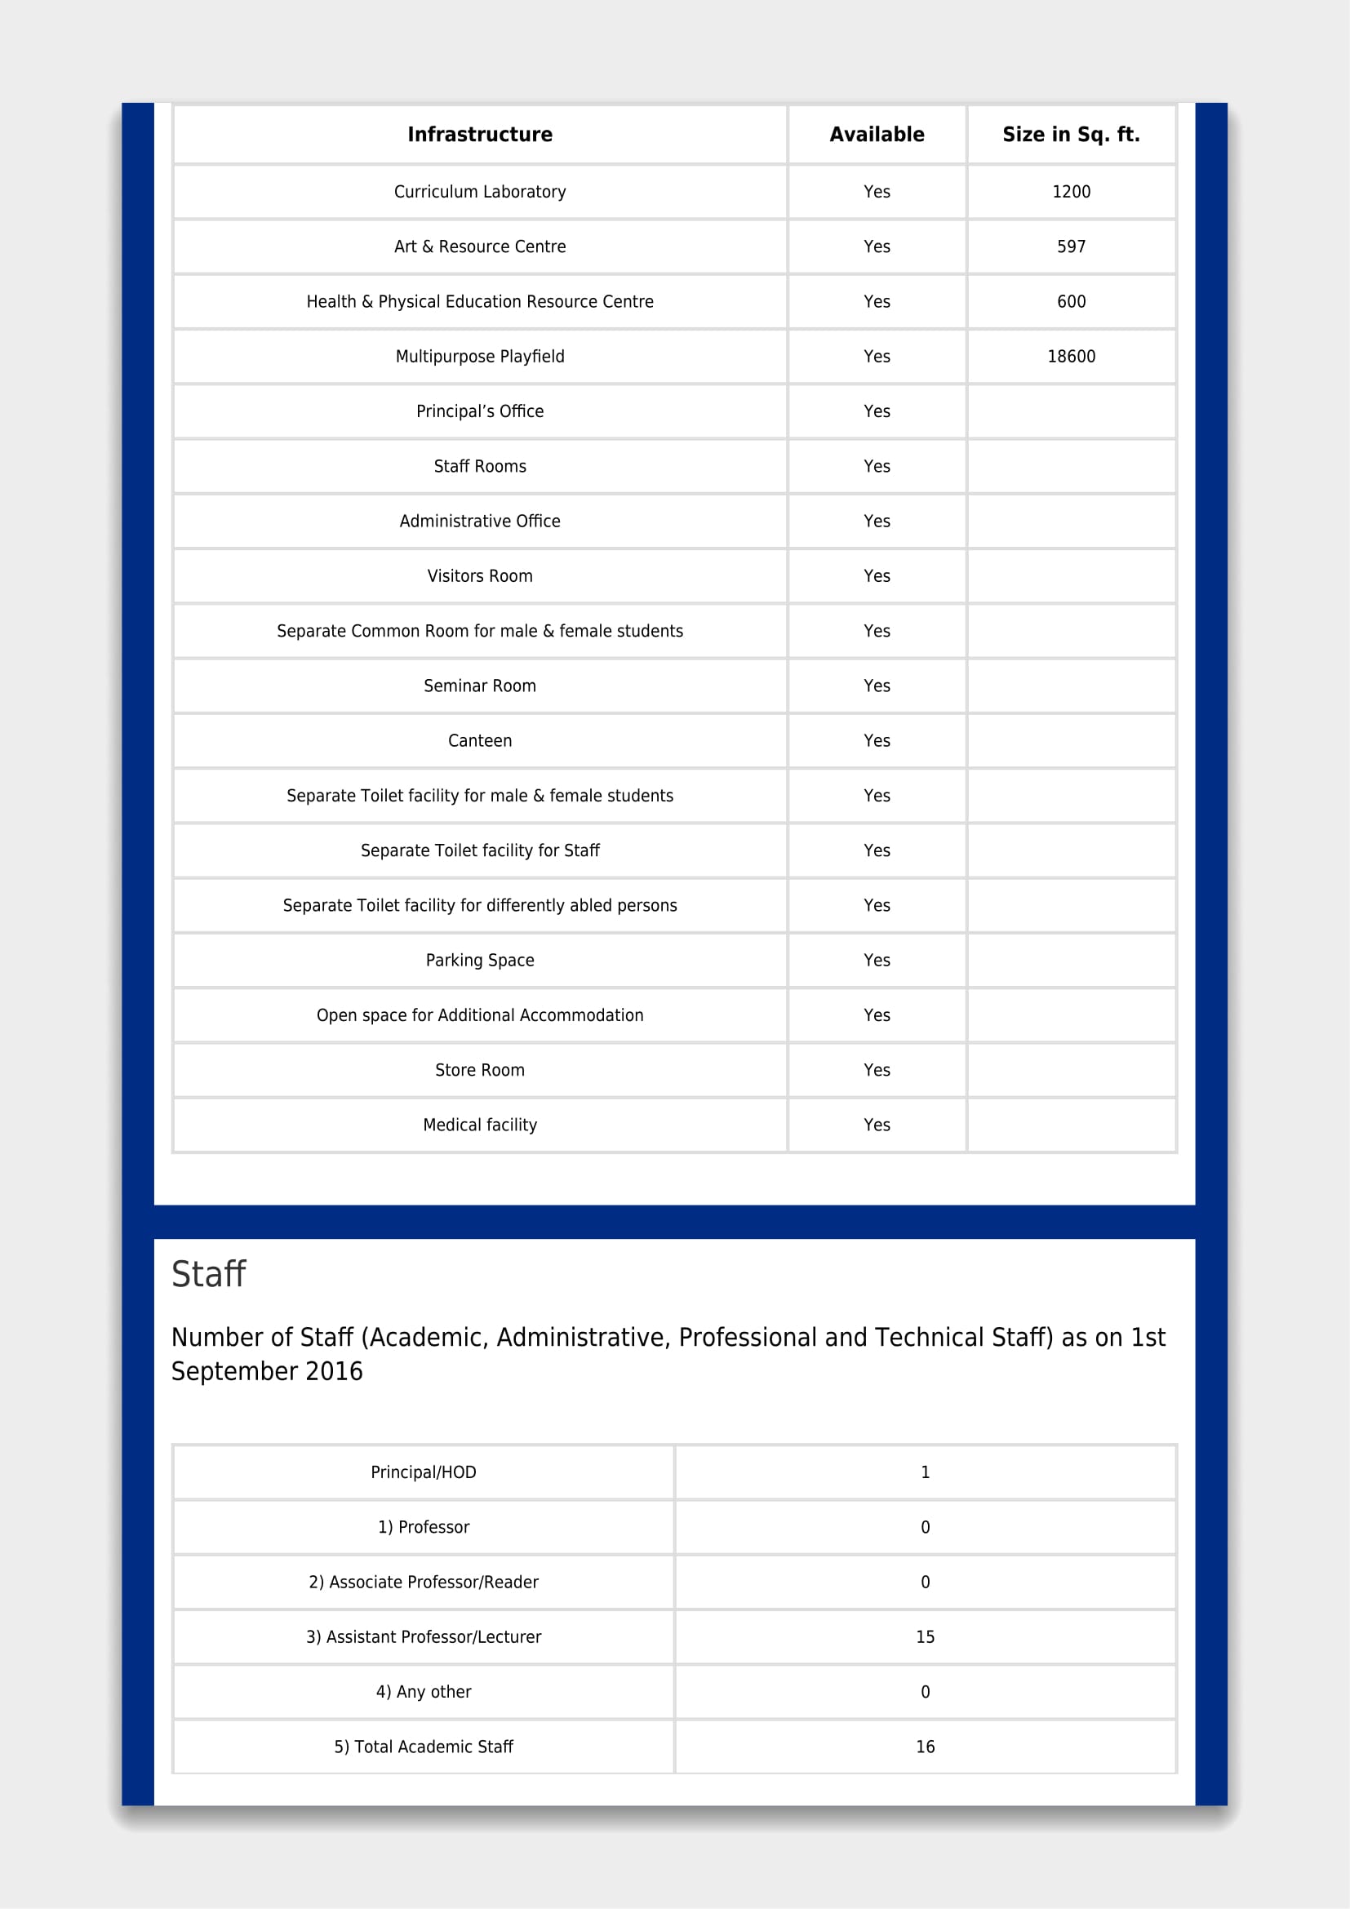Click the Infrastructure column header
tap(480, 135)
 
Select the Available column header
tap(876, 135)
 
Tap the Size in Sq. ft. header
tap(1071, 135)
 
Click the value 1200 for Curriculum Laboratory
tap(1071, 192)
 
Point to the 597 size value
tap(1071, 247)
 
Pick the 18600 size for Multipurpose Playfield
tap(1071, 357)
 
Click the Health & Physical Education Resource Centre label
tap(480, 302)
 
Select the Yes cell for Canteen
tap(876, 741)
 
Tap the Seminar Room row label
tap(480, 686)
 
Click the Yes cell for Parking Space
tap(876, 961)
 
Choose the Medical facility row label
tap(480, 1125)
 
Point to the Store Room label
tap(480, 1070)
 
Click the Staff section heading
tap(209, 1274)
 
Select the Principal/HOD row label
tap(423, 1472)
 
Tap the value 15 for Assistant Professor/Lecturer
tap(925, 1637)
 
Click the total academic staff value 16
tap(925, 1747)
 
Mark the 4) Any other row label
tap(423, 1692)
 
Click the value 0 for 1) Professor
tap(925, 1527)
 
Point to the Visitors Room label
tap(480, 576)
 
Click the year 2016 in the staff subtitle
tap(334, 1371)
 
